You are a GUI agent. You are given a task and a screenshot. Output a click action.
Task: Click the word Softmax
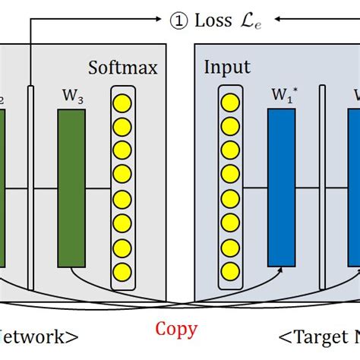(123, 68)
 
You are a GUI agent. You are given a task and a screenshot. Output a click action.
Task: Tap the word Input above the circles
(227, 68)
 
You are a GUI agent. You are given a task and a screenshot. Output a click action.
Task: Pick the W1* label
(282, 97)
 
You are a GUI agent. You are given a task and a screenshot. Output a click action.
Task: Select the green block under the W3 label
(71, 188)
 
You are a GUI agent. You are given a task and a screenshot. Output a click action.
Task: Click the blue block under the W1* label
(281, 188)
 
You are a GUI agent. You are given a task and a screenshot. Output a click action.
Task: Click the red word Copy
(176, 329)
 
